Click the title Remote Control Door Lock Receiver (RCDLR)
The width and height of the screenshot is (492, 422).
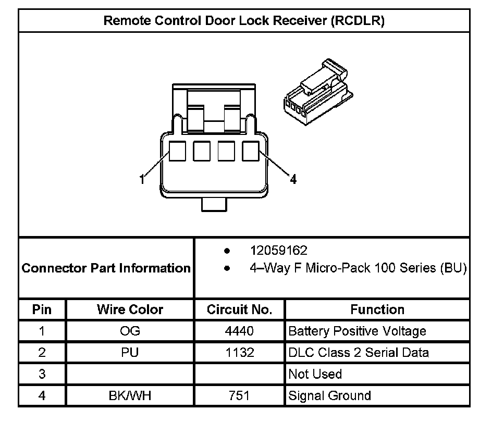click(x=244, y=20)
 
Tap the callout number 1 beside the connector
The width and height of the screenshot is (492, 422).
click(x=141, y=179)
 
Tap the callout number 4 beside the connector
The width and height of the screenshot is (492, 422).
click(x=293, y=180)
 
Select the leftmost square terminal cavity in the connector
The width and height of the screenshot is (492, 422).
click(x=178, y=151)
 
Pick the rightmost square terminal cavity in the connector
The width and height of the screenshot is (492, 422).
click(x=251, y=151)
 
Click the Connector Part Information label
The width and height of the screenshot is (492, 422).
click(x=106, y=268)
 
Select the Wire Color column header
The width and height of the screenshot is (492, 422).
click(x=130, y=309)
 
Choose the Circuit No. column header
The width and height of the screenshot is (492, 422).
click(x=239, y=309)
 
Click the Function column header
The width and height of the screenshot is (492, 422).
click(x=377, y=309)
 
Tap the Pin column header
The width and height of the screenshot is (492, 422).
click(x=42, y=309)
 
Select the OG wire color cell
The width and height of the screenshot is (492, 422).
click(x=130, y=331)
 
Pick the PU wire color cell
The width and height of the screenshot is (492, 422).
click(x=130, y=353)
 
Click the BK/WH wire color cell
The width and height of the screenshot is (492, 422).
click(x=130, y=395)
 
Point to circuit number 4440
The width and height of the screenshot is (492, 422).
click(x=239, y=331)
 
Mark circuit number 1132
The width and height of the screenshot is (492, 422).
click(x=239, y=353)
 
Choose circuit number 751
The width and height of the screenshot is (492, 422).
click(x=239, y=395)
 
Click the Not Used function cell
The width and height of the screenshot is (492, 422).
click(x=315, y=374)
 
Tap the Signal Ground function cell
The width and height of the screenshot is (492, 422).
click(x=329, y=395)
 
